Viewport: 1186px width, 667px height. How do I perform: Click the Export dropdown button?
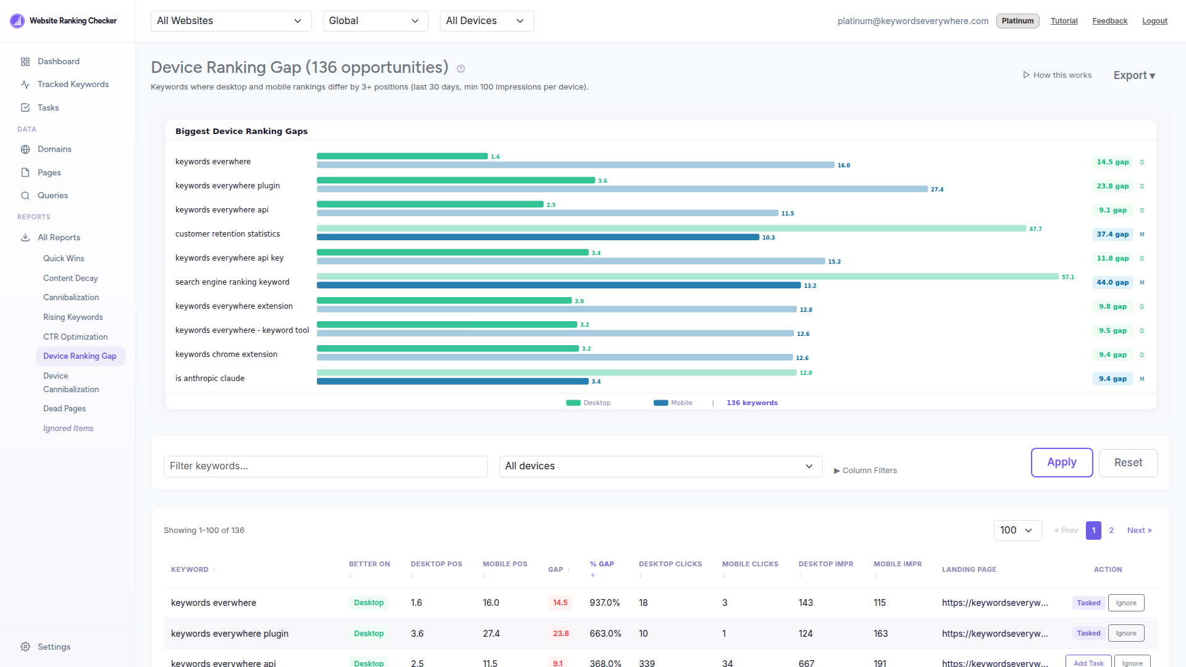point(1133,75)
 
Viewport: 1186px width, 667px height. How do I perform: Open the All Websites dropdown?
point(230,21)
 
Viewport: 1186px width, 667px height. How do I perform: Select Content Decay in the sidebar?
point(70,278)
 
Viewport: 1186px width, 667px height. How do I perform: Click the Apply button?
point(1061,463)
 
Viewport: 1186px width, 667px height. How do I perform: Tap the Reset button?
point(1127,463)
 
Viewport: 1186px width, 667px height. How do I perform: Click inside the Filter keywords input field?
point(326,466)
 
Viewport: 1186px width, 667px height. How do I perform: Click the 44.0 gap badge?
point(1112,282)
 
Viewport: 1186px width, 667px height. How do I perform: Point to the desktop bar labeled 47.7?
point(671,229)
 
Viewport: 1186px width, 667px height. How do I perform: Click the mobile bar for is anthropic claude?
point(452,382)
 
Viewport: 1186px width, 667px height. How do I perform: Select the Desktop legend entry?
point(589,403)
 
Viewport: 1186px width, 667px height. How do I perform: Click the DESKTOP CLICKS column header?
point(670,564)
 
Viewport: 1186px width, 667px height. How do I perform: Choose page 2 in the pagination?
point(1111,531)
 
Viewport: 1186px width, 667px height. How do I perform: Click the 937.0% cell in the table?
point(604,603)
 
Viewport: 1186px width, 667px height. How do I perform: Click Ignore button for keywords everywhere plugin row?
point(1125,633)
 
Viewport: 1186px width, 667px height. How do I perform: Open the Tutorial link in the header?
point(1064,21)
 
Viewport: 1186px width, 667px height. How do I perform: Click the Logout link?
point(1154,21)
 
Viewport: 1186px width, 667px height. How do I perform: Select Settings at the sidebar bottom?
point(54,647)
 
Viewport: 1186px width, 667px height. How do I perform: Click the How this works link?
point(1057,75)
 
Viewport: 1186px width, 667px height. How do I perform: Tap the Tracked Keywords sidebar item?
point(73,84)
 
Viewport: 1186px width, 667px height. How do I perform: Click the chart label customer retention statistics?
point(227,234)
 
